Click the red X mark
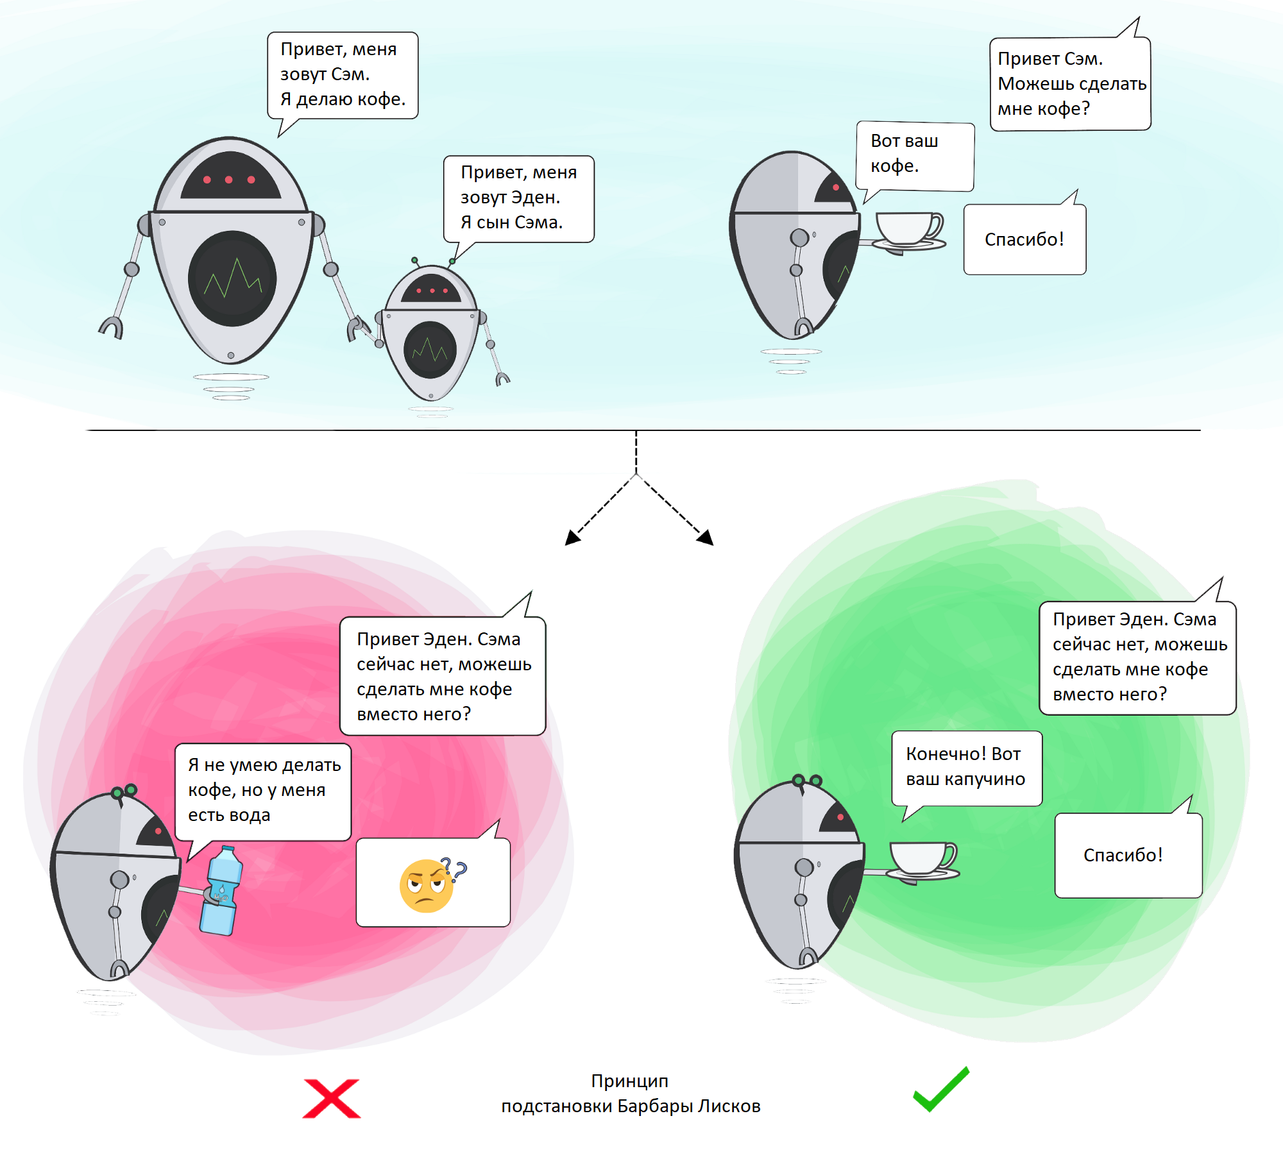[332, 1098]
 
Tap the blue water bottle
[221, 891]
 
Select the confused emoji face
[427, 886]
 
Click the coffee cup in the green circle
[922, 860]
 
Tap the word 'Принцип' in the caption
[629, 1081]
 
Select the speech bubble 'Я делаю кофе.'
[343, 76]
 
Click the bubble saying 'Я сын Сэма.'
[518, 198]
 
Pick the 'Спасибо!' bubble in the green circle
[1128, 856]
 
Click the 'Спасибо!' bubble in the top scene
[1024, 240]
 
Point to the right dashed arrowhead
[706, 537]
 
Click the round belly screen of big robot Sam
[232, 278]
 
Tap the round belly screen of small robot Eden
[430, 350]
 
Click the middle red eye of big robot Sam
[229, 180]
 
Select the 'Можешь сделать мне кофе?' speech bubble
[1070, 84]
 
